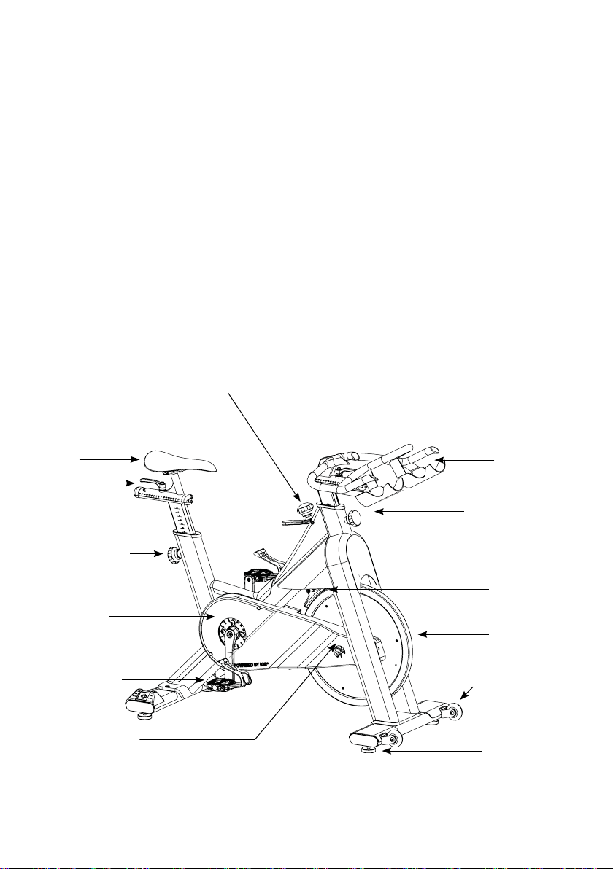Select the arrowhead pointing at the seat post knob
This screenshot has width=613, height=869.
[x=162, y=555]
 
